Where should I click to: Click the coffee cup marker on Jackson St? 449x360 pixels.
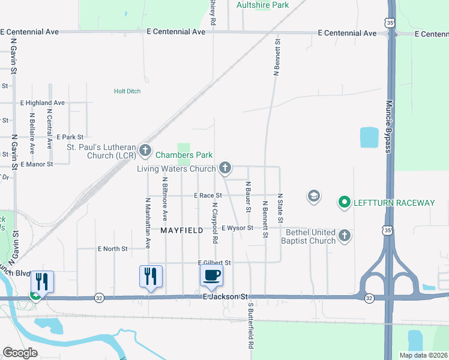pos(211,276)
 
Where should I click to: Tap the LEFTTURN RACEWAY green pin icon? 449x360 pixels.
pos(345,203)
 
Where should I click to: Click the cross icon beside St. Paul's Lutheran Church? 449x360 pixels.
pos(145,149)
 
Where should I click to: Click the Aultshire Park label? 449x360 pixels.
pos(262,5)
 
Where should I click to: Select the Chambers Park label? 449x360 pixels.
pos(184,155)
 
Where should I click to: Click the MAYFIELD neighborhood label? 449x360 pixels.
pos(182,230)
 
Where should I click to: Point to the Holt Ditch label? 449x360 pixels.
pos(127,91)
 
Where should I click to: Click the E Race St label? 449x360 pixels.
pos(208,196)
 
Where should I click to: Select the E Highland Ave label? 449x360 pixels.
pos(42,103)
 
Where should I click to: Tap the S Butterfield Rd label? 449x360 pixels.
pos(251,326)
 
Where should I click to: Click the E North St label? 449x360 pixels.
pos(113,248)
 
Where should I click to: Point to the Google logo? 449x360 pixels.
pos(20,353)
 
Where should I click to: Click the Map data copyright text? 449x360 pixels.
pos(423,355)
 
